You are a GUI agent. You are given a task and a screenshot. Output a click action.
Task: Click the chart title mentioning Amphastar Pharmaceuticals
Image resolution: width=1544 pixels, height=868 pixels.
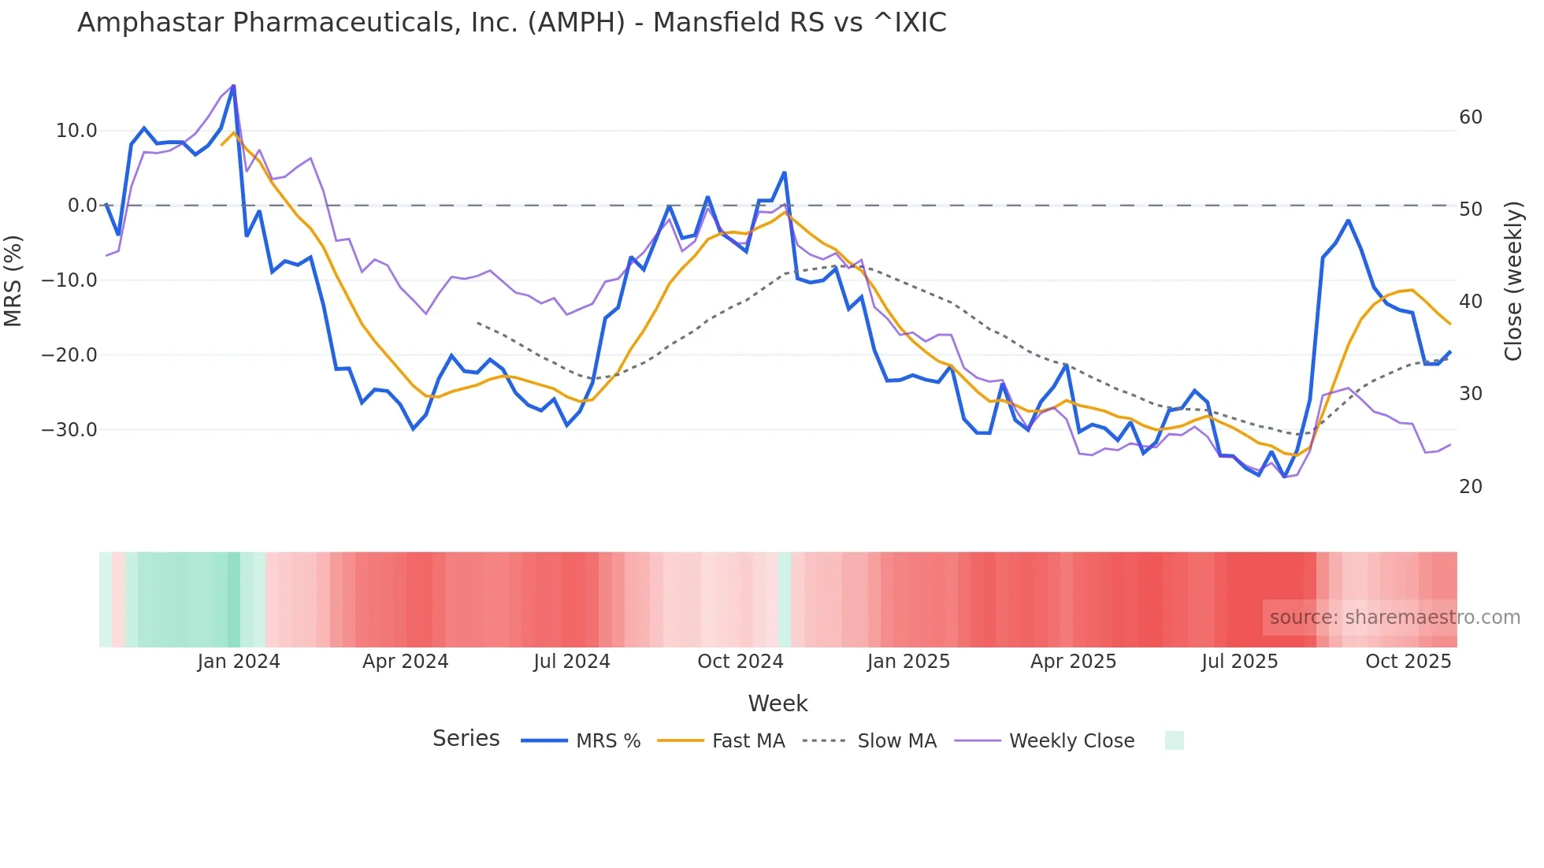pos(511,23)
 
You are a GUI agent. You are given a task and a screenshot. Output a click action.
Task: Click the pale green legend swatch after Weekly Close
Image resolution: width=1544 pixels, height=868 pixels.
pos(1174,740)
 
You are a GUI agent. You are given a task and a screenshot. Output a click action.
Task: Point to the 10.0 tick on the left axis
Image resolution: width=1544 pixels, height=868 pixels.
pos(76,131)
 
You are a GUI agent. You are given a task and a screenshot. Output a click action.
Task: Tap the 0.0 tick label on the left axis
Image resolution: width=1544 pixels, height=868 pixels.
pos(82,206)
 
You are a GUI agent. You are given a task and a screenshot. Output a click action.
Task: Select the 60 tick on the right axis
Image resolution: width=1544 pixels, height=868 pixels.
pos(1470,117)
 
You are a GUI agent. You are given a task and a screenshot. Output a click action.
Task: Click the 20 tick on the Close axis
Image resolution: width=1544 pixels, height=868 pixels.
pos(1470,487)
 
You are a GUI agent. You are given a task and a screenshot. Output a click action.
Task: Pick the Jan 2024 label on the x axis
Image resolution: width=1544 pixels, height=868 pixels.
pos(239,662)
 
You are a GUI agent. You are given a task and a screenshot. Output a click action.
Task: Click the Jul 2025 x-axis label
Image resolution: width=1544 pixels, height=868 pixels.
pos(1239,662)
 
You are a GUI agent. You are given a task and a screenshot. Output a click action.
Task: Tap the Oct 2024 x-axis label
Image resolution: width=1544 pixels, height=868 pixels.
pos(740,662)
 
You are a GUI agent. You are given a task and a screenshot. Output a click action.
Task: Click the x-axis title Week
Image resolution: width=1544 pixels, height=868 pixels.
pos(778,703)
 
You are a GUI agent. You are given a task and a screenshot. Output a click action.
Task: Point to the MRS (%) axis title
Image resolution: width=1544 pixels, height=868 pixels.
pos(13,280)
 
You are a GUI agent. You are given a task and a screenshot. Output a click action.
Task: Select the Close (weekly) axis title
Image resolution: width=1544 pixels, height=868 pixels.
pos(1512,280)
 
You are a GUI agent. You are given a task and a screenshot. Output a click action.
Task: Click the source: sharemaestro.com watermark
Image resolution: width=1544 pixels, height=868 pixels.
pos(1394,618)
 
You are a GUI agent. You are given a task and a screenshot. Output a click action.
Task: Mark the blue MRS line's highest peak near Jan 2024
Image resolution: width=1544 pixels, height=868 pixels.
pos(233,86)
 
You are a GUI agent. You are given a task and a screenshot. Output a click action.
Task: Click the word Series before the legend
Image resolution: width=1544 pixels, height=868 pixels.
pos(466,739)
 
